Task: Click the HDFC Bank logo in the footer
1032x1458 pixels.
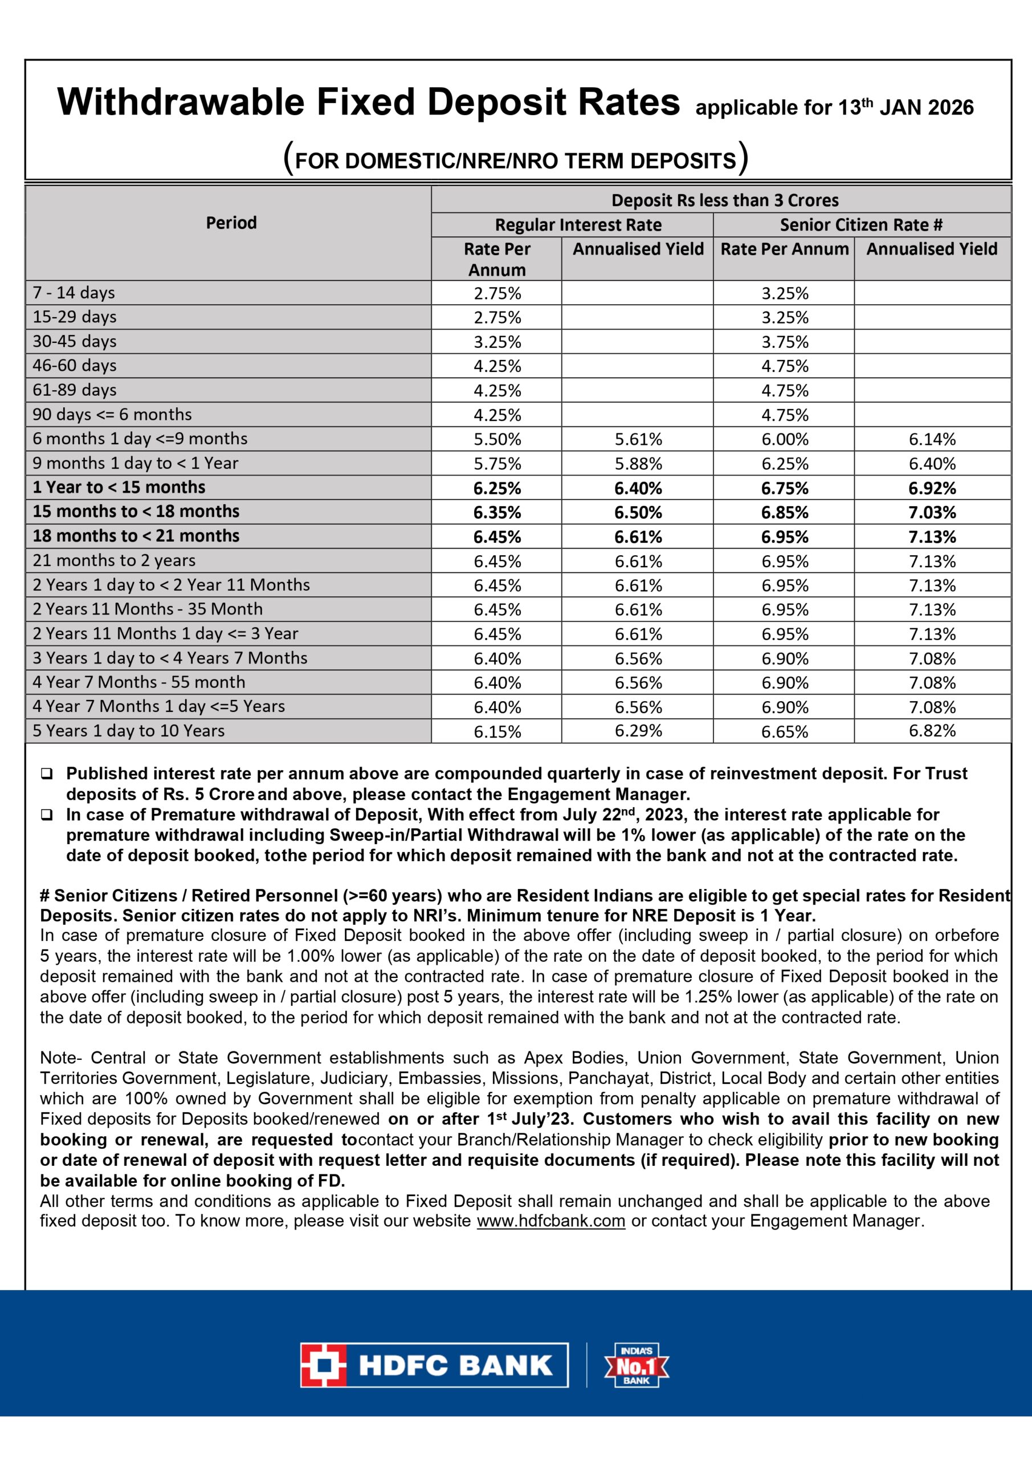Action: tap(434, 1365)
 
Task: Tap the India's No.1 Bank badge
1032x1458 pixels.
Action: tap(636, 1365)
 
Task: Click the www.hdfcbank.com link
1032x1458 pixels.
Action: tap(550, 1221)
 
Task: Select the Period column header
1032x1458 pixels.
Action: tap(231, 223)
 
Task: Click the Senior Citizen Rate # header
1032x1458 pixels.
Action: tap(861, 225)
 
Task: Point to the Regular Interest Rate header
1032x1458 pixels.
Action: tap(578, 225)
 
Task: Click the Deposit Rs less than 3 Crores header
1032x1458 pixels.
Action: tap(724, 200)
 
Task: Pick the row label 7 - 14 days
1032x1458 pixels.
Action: tap(74, 293)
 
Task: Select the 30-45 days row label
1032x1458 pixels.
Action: tap(74, 342)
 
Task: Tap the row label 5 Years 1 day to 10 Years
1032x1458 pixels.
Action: tap(128, 731)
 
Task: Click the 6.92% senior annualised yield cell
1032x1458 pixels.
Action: tap(932, 488)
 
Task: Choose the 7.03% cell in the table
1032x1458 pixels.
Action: tap(932, 513)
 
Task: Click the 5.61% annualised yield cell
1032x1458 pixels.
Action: tap(638, 440)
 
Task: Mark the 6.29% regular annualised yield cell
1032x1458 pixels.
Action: tap(638, 731)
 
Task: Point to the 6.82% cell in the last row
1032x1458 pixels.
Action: tap(932, 731)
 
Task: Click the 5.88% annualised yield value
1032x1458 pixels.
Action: tap(638, 464)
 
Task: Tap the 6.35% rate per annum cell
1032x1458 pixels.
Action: tap(497, 513)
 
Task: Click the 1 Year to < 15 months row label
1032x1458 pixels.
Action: tap(119, 488)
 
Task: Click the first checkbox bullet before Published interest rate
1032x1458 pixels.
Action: tap(46, 774)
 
